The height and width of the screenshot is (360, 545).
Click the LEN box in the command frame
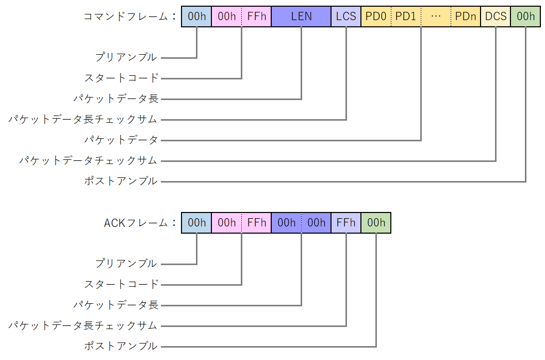[x=301, y=17]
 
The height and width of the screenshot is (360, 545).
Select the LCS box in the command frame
[x=346, y=17]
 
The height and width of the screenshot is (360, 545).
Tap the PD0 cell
[x=376, y=17]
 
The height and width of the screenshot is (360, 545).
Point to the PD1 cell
[x=406, y=17]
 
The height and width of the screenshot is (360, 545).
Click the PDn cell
[x=466, y=17]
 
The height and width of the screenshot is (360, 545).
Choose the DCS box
[x=496, y=17]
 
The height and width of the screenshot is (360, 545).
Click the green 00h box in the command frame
[x=525, y=17]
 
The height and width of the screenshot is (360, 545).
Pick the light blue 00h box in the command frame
[x=196, y=17]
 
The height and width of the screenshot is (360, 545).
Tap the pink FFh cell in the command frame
[x=256, y=17]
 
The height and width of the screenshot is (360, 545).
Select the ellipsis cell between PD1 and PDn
[x=436, y=17]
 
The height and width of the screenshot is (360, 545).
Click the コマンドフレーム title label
[x=126, y=17]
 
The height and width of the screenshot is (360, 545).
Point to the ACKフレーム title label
[x=137, y=223]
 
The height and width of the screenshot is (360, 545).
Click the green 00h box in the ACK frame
[x=376, y=223]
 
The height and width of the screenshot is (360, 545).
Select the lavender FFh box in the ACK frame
[x=346, y=223]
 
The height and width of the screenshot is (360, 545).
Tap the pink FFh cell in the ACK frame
[x=256, y=223]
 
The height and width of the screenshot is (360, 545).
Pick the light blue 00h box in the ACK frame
[x=196, y=223]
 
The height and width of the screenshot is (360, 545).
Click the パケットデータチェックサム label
[x=88, y=160]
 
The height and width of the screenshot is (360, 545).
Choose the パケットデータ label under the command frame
[x=121, y=140]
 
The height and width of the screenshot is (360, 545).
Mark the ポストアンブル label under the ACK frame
[x=121, y=346]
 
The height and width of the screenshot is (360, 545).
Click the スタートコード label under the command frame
[x=121, y=78]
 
